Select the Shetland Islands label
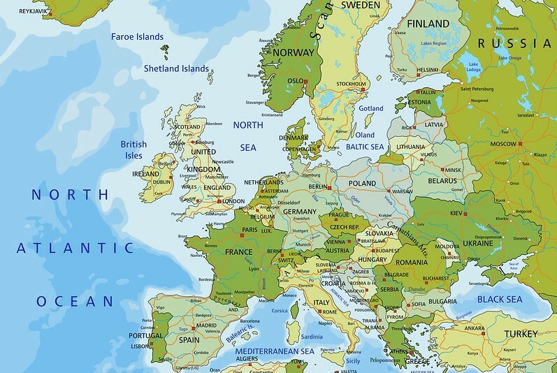175,68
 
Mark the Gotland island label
370,109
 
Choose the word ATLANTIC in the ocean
75,247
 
